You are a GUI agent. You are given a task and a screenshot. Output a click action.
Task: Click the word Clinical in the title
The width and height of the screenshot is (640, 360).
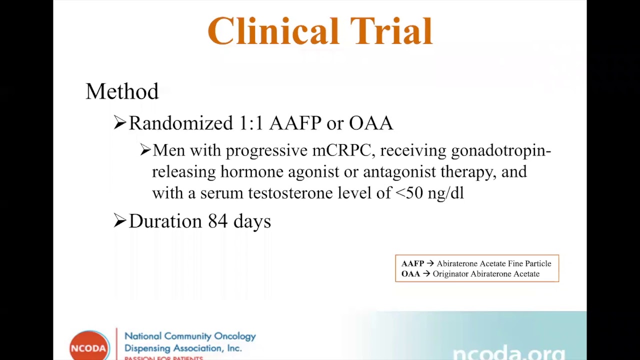coord(273,31)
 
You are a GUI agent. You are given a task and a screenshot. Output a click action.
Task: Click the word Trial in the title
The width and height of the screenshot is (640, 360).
coord(391,31)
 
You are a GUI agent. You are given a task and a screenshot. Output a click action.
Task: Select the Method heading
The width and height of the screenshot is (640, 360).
coord(122,91)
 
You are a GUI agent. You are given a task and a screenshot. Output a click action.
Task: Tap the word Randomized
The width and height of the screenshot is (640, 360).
coord(181,123)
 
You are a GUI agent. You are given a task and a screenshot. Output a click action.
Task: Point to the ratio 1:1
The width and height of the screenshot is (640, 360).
coord(251,123)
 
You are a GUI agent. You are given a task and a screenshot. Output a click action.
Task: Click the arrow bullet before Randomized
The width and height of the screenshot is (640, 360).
coord(119,122)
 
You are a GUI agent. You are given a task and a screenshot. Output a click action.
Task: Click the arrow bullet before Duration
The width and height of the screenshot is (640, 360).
coord(119,220)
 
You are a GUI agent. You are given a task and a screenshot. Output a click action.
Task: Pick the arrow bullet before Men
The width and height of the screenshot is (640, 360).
coord(145,150)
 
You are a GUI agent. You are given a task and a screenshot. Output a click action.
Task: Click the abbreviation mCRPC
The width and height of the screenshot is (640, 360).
coord(341,150)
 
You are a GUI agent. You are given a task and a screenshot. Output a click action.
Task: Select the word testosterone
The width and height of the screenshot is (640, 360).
coord(290,193)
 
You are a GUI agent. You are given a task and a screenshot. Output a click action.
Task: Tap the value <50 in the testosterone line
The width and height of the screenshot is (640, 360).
coord(409,193)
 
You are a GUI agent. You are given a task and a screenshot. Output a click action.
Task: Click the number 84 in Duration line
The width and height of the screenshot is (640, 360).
coord(217,221)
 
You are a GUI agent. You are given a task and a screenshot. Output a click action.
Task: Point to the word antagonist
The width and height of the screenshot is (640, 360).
coord(399,172)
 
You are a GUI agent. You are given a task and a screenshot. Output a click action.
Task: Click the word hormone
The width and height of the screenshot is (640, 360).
coord(251,172)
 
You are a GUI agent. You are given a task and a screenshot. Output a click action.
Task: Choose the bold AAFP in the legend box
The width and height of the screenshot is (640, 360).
coord(412,263)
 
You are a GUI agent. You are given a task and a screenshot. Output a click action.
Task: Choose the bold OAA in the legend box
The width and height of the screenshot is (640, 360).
coord(410,274)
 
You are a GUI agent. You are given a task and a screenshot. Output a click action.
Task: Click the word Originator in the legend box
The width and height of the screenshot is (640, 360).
coord(450,274)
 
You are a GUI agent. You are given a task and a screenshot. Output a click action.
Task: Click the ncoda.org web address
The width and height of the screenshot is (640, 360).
coord(508,353)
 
